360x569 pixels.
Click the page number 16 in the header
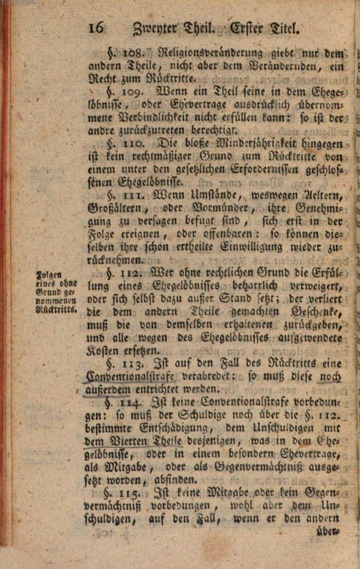coord(96,28)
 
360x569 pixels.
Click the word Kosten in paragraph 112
coord(103,351)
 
